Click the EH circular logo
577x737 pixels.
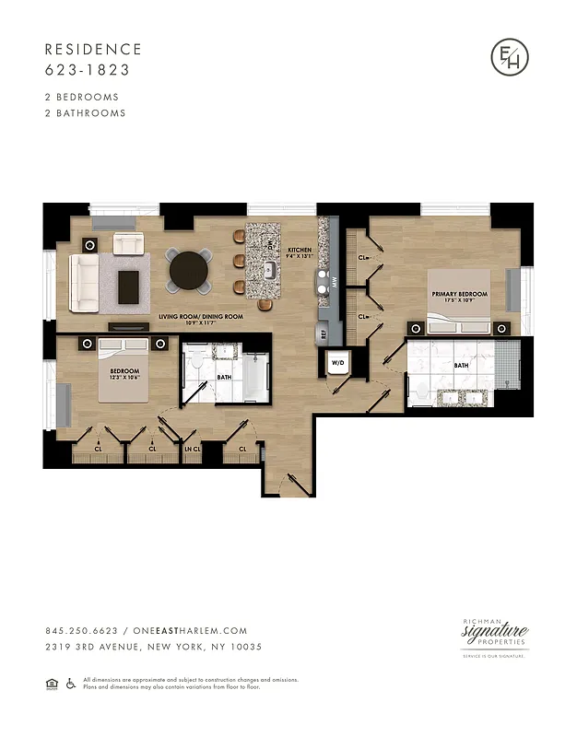[x=509, y=58]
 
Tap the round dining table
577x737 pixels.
[x=188, y=270]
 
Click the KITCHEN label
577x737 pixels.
[x=300, y=251]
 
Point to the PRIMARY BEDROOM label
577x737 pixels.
[x=460, y=295]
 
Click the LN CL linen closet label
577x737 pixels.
[x=193, y=449]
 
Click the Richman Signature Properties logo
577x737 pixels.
[x=495, y=636]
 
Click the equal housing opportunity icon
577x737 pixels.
[x=51, y=683]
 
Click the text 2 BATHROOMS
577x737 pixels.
[x=85, y=113]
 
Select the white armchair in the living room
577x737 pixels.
[x=128, y=243]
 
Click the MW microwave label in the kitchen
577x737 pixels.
[x=336, y=285]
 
